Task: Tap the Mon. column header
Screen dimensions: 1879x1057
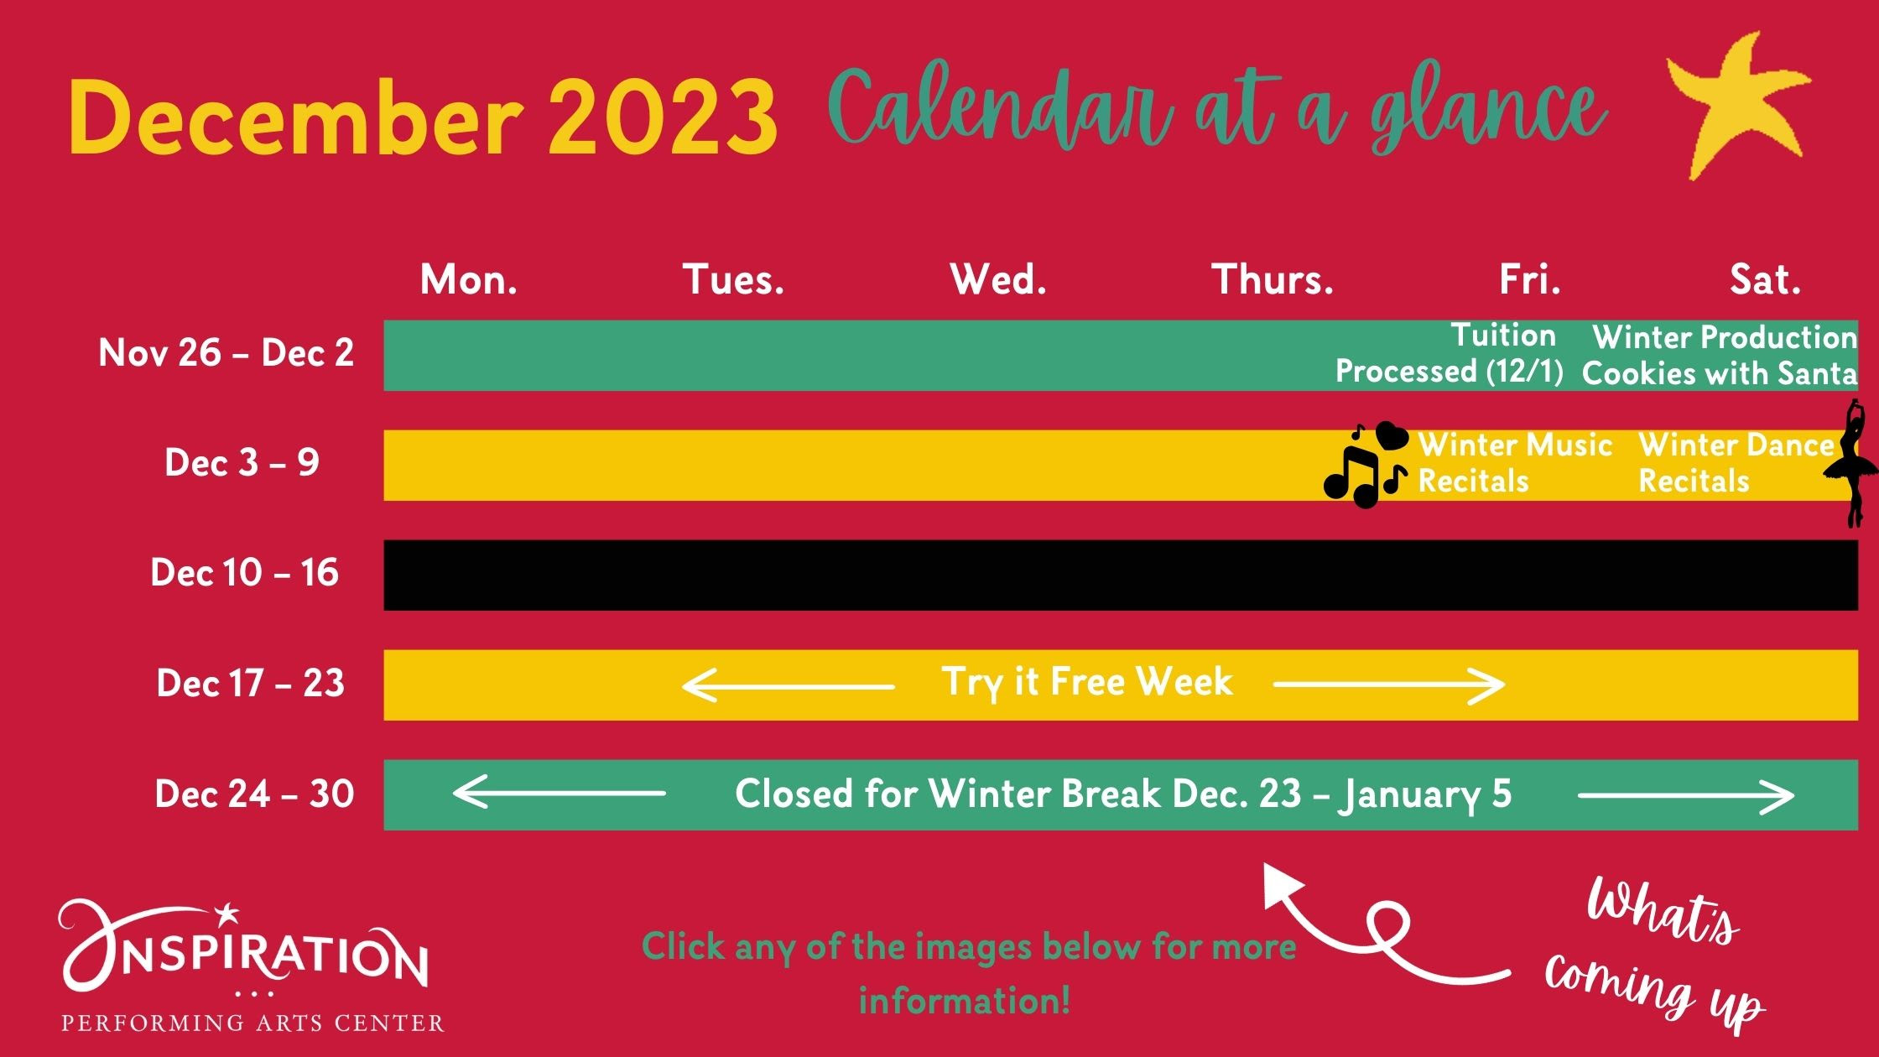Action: pyautogui.click(x=469, y=279)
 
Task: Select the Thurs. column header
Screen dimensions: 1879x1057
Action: pyautogui.click(x=1273, y=279)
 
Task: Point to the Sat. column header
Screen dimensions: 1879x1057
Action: pyautogui.click(x=1766, y=279)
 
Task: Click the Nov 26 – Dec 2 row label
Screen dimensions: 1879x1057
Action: pyautogui.click(x=226, y=353)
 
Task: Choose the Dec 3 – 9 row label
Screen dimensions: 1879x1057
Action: pyautogui.click(x=242, y=463)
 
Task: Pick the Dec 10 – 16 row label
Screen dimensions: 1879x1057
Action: pyautogui.click(x=245, y=573)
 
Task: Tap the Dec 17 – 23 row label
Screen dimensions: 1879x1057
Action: pyautogui.click(x=251, y=684)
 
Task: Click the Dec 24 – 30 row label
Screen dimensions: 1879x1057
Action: pyautogui.click(x=255, y=794)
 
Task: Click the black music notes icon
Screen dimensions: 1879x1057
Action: pyautogui.click(x=1366, y=465)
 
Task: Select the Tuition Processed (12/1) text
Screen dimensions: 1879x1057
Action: pyautogui.click(x=1450, y=353)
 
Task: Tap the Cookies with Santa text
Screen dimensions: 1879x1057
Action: pyautogui.click(x=1720, y=373)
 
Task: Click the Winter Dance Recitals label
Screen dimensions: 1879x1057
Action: pyautogui.click(x=1736, y=463)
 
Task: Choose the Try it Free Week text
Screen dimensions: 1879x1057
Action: pyautogui.click(x=1087, y=682)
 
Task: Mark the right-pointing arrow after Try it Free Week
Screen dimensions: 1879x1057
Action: pyautogui.click(x=1389, y=685)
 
